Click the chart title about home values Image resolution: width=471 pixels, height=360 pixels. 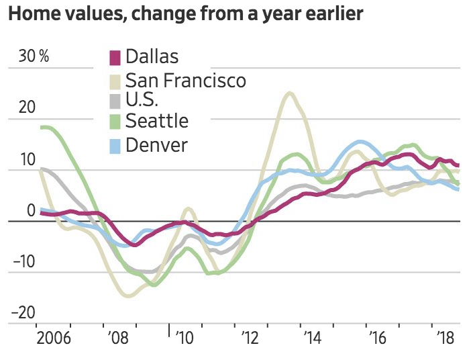[185, 14]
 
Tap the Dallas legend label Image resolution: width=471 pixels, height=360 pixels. [152, 57]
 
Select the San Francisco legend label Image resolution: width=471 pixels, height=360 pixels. [186, 81]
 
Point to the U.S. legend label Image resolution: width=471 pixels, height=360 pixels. [142, 101]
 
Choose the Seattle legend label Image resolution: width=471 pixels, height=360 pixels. [157, 121]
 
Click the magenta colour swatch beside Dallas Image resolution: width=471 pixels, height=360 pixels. [115, 58]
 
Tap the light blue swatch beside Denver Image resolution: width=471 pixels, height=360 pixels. [115, 145]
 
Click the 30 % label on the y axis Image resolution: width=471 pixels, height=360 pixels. [34, 56]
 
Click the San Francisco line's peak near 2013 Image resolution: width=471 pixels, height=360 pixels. [289, 94]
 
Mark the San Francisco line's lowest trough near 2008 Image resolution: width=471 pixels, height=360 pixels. [129, 295]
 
